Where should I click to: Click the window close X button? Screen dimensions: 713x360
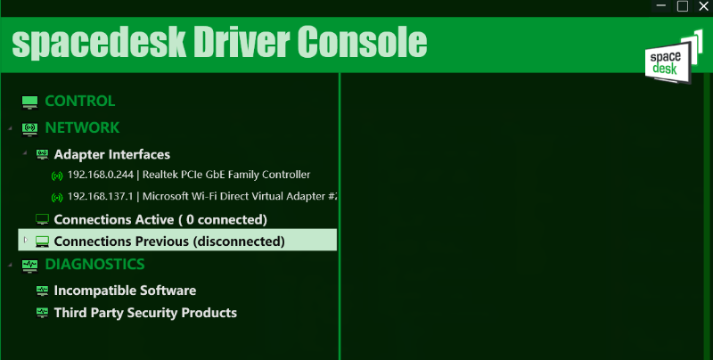point(704,6)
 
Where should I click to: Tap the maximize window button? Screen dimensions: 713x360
point(683,6)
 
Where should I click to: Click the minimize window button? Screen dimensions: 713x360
point(661,6)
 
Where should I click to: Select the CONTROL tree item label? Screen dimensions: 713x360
point(80,101)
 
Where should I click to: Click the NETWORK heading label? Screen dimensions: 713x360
point(82,127)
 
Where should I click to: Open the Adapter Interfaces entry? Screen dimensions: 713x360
point(112,154)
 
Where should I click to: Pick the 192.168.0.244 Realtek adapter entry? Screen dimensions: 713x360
point(189,175)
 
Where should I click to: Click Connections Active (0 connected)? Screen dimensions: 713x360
point(160,219)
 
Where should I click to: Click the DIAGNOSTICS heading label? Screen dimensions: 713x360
point(94,264)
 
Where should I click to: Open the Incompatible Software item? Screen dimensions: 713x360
point(125,290)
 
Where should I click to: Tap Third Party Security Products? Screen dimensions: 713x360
point(145,313)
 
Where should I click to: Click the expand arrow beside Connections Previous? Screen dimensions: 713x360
point(26,240)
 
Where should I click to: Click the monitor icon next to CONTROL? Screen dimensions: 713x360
point(30,102)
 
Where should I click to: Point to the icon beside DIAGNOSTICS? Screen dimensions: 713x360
point(30,266)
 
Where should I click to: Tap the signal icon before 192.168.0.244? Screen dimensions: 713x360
point(57,176)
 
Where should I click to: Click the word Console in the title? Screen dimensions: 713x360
point(362,42)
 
